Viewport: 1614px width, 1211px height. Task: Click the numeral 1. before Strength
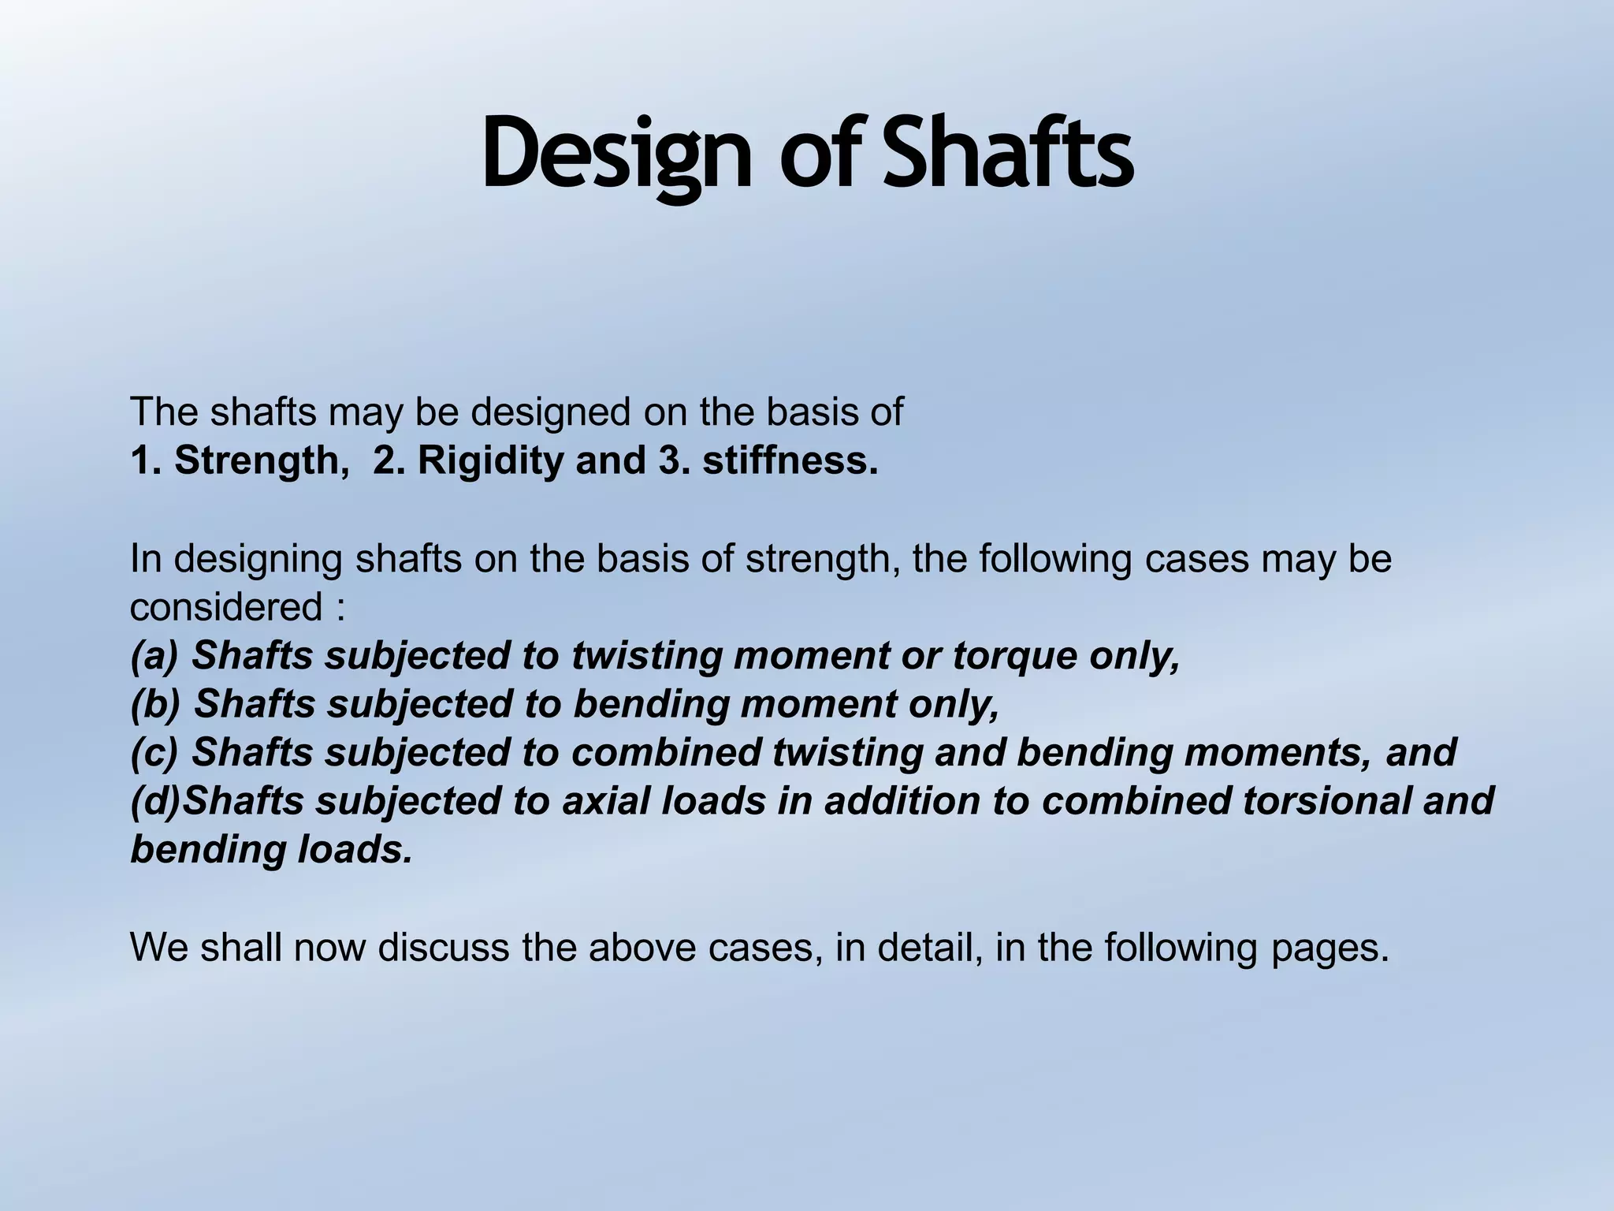[x=147, y=460]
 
